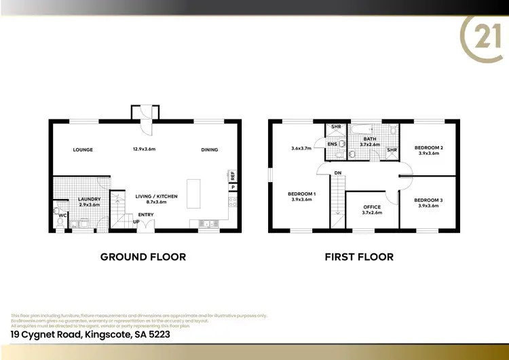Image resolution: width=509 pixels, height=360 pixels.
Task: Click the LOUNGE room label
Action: [x=83, y=149]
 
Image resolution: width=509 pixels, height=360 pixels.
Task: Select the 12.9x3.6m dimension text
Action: [x=144, y=149]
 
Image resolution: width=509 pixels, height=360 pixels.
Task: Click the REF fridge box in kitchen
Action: [x=233, y=175]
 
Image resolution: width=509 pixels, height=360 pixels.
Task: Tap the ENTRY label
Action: [x=146, y=215]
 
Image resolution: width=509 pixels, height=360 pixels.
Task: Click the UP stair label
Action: [x=136, y=222]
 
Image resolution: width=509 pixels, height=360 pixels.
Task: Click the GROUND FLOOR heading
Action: [x=143, y=257]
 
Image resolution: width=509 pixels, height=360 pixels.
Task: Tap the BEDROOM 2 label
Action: [x=429, y=147]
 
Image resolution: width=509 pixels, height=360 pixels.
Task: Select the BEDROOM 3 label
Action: [x=429, y=200]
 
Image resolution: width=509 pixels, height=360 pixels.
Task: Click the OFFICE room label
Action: [x=372, y=207]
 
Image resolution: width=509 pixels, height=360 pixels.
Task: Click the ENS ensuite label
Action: [x=333, y=144]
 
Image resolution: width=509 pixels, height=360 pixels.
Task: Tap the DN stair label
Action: [x=337, y=173]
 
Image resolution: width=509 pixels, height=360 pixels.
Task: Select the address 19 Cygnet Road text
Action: [x=90, y=335]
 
